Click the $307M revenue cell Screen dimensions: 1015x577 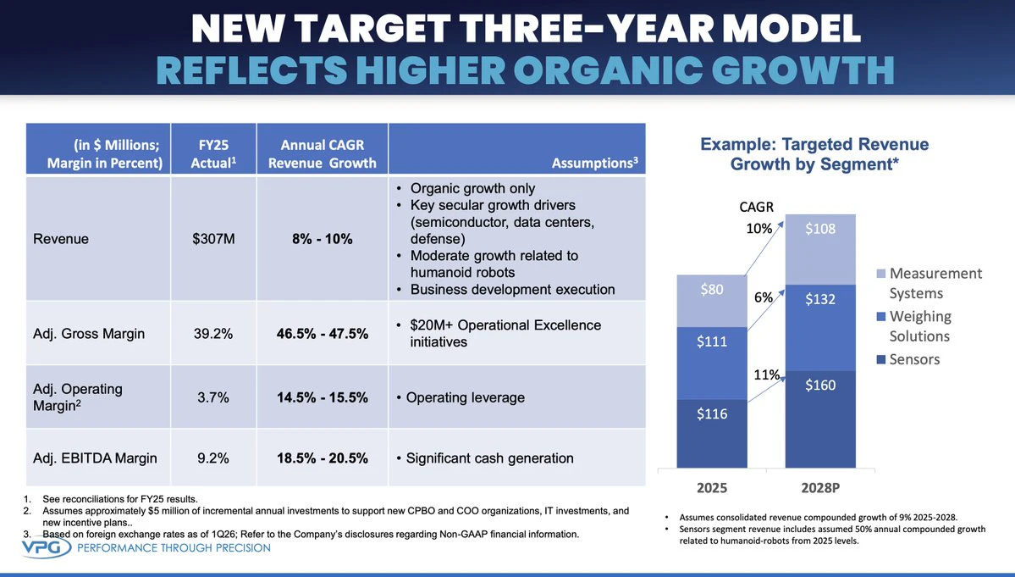[x=213, y=239]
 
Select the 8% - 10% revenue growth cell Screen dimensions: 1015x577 [x=323, y=239]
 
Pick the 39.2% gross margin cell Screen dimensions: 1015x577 [x=213, y=334]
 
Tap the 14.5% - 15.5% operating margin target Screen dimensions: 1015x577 [x=323, y=397]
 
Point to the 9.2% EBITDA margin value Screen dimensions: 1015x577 [x=213, y=458]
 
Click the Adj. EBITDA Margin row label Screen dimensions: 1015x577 [x=95, y=458]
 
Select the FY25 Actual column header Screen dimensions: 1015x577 [x=213, y=153]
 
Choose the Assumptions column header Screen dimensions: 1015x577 [x=595, y=163]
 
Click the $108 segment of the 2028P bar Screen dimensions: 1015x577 [x=820, y=249]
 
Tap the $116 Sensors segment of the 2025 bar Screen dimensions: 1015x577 [x=712, y=433]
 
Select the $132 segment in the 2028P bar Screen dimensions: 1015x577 [x=820, y=328]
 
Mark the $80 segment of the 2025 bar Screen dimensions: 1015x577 [x=712, y=301]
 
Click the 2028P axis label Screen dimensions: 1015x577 [x=820, y=488]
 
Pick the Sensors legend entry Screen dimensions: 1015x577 [x=907, y=359]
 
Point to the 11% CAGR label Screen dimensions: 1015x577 [x=766, y=374]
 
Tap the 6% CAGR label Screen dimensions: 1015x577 [x=764, y=297]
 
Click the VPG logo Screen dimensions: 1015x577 [x=47, y=547]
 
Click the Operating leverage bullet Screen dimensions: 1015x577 [x=461, y=397]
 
